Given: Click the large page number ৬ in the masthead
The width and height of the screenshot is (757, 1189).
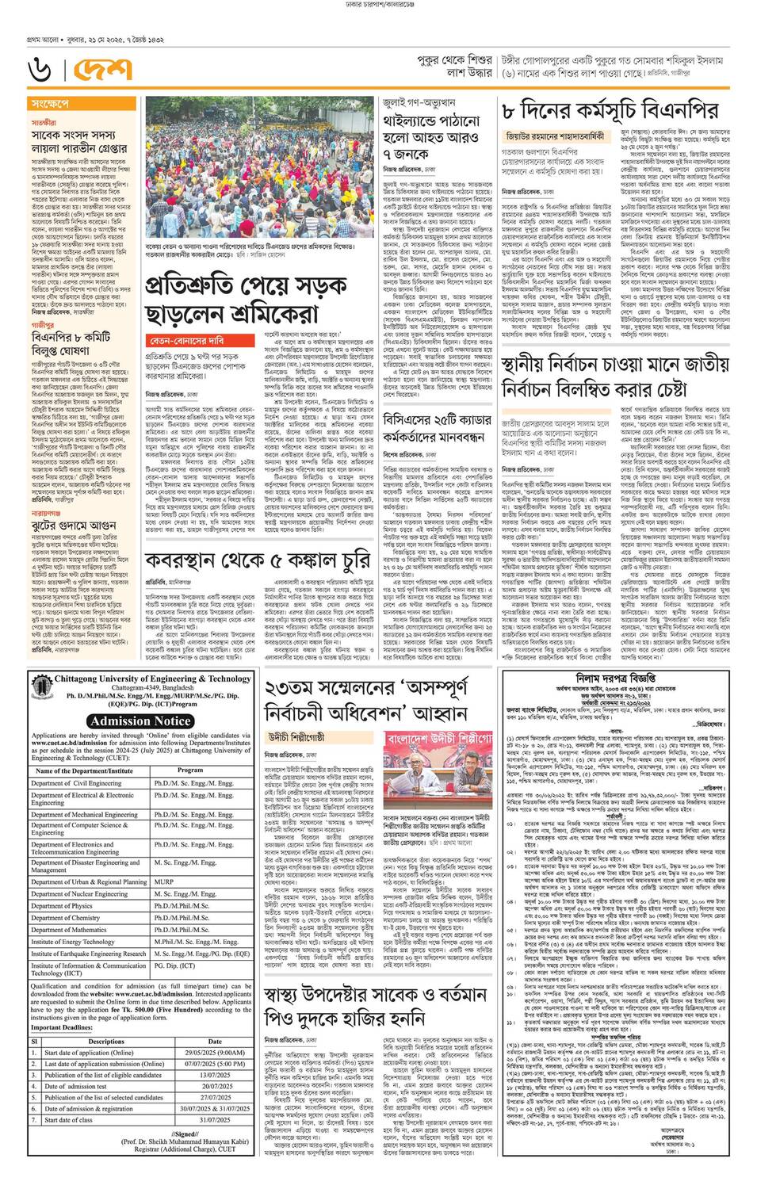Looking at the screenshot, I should (41, 72).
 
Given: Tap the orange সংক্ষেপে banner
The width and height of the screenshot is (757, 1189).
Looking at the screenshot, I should (49, 104).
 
